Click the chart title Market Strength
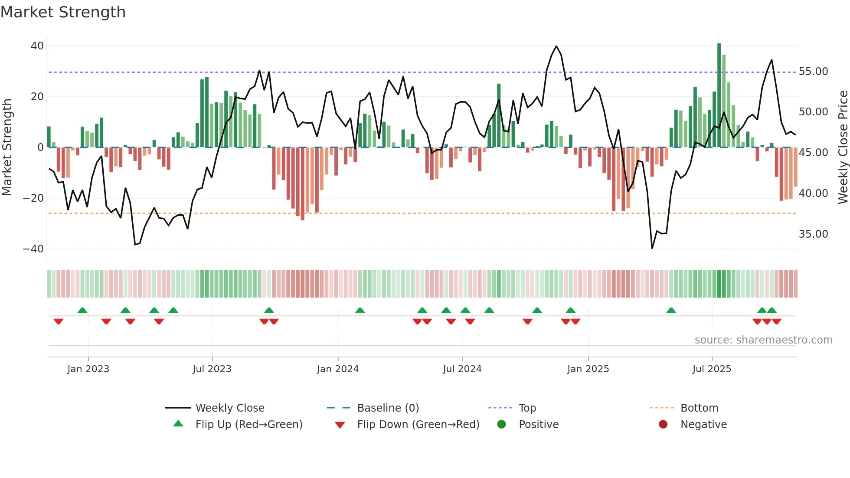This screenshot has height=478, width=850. (x=63, y=12)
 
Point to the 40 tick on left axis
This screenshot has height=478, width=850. (x=37, y=46)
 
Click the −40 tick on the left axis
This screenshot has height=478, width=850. (x=33, y=249)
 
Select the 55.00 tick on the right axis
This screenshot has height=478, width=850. (x=813, y=72)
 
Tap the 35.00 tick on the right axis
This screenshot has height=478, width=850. (x=813, y=234)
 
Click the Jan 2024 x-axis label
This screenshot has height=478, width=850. (x=337, y=369)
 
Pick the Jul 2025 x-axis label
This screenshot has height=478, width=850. (x=712, y=369)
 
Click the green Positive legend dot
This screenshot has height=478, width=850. (x=501, y=425)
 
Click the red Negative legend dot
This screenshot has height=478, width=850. (x=663, y=425)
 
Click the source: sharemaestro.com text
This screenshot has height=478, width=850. (x=763, y=340)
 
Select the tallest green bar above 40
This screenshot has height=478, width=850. (x=719, y=95)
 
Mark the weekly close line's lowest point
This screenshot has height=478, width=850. (x=652, y=248)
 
